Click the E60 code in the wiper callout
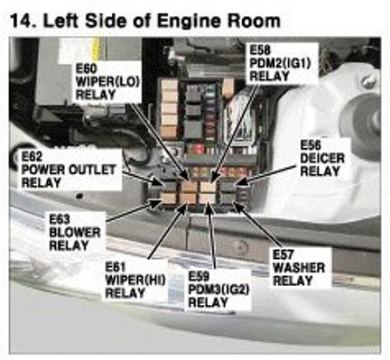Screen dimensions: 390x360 pos(86,69)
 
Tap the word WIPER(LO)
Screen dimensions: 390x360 pos(108,82)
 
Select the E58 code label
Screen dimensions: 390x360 pos(260,50)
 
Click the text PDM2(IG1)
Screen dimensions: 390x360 pos(280,63)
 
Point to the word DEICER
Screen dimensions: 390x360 pos(322,158)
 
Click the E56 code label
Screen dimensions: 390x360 pos(311,145)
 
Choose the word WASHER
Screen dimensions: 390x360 pos(299,268)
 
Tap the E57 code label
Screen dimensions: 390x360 pos(283,254)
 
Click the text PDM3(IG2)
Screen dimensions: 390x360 pos(218,289)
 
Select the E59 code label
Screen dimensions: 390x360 pos(199,276)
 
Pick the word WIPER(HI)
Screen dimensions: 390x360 pos(135,280)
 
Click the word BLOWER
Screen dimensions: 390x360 pos(75,233)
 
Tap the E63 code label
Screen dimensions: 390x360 pos(60,219)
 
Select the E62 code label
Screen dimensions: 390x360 pos(32,157)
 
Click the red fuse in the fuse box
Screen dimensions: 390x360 pos(199,148)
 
